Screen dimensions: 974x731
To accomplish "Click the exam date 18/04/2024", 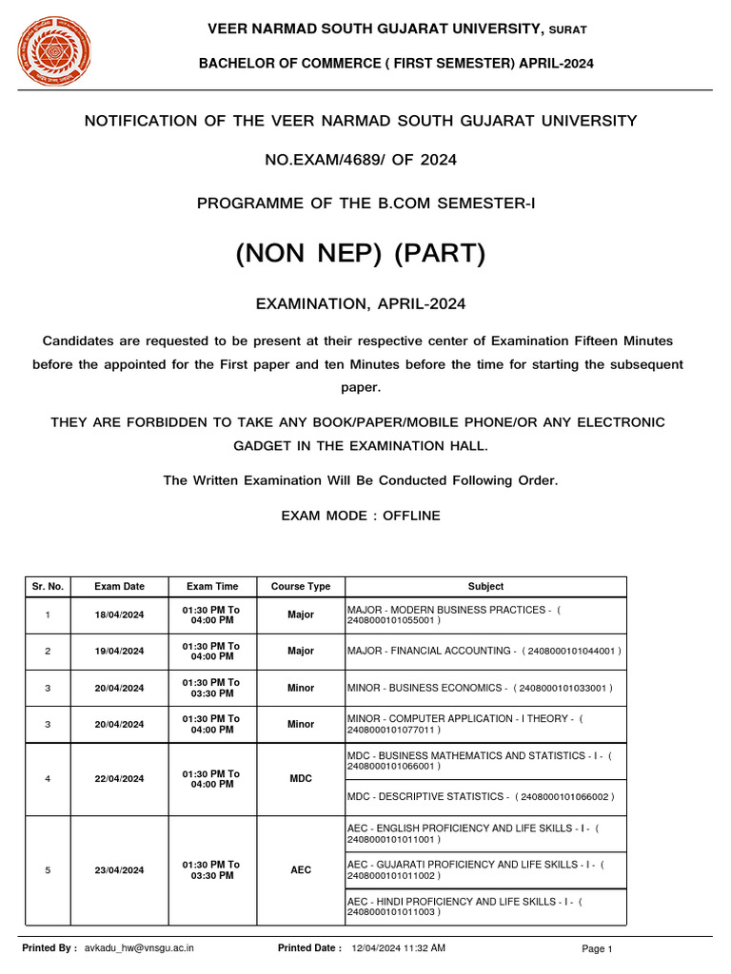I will (120, 615).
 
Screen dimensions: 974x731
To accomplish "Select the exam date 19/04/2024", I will (120, 652).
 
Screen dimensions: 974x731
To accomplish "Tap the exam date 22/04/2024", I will (120, 779).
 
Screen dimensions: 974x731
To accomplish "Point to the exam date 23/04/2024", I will (120, 870).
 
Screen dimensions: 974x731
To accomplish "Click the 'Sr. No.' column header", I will (48, 587).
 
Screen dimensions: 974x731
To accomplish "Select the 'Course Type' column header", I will (301, 587).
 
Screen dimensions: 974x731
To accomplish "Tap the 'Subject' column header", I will (485, 587).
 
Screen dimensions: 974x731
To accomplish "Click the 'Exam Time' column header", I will (212, 587).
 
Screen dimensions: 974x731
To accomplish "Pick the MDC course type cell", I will (301, 779).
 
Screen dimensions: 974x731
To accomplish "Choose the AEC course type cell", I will (301, 870).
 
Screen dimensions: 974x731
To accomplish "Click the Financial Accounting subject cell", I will (484, 652).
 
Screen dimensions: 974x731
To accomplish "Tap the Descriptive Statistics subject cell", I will (481, 797).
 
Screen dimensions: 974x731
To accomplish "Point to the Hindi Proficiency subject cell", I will (465, 906).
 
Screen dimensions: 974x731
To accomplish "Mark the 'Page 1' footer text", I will (597, 949).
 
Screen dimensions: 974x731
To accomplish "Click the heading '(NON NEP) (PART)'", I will (361, 254).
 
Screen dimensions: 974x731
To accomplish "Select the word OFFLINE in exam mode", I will (411, 516).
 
